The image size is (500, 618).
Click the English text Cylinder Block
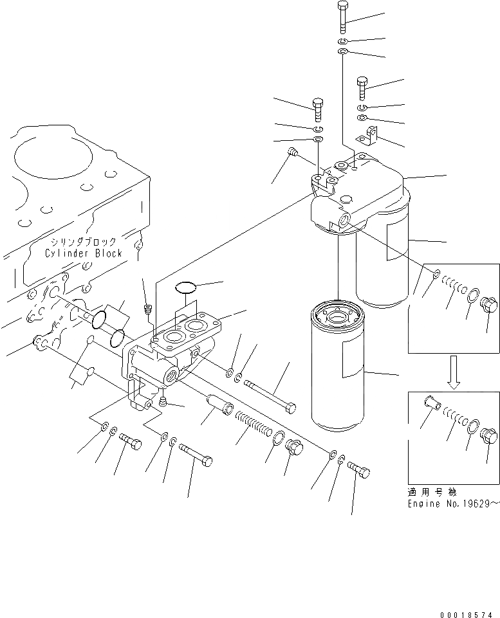(83, 253)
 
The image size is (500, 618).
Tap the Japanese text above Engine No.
(431, 492)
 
